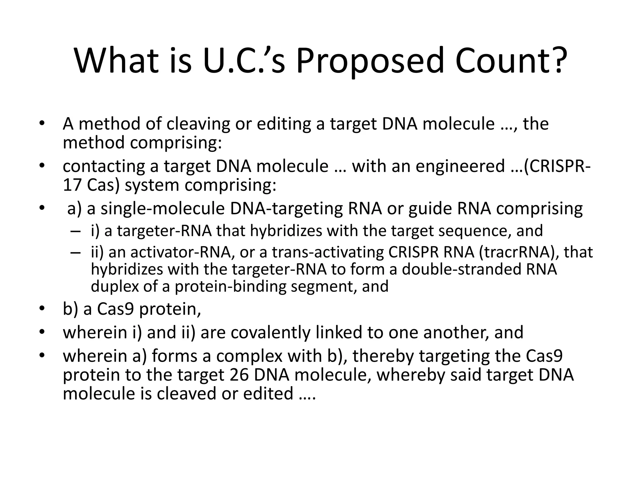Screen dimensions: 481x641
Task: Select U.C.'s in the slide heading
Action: coord(244,60)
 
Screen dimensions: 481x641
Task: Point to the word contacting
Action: coord(104,166)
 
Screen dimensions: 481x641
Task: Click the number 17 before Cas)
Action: coord(72,185)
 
